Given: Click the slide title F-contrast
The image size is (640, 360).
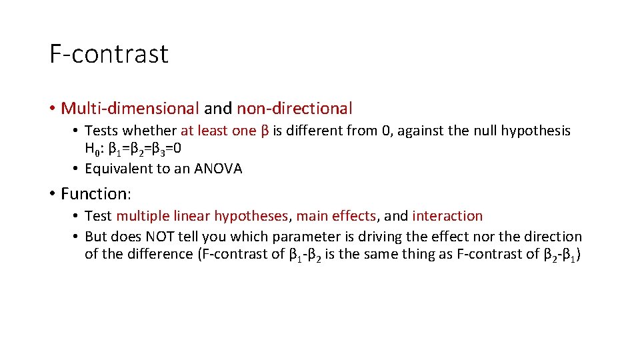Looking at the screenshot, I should click(109, 54).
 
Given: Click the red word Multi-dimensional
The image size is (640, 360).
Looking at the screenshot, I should click(129, 108).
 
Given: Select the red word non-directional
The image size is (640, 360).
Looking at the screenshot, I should click(294, 108).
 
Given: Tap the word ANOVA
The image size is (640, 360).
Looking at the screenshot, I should click(218, 169).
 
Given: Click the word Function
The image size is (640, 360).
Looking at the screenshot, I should click(94, 194).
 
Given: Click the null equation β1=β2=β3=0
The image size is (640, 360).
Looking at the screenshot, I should click(144, 149).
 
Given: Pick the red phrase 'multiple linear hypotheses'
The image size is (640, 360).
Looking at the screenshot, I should click(202, 216).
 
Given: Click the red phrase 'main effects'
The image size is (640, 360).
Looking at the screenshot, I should click(335, 216).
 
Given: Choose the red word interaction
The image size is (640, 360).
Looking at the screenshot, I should click(447, 216).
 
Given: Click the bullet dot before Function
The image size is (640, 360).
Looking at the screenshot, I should click(51, 194).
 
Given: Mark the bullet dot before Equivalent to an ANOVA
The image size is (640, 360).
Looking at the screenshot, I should click(77, 169).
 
